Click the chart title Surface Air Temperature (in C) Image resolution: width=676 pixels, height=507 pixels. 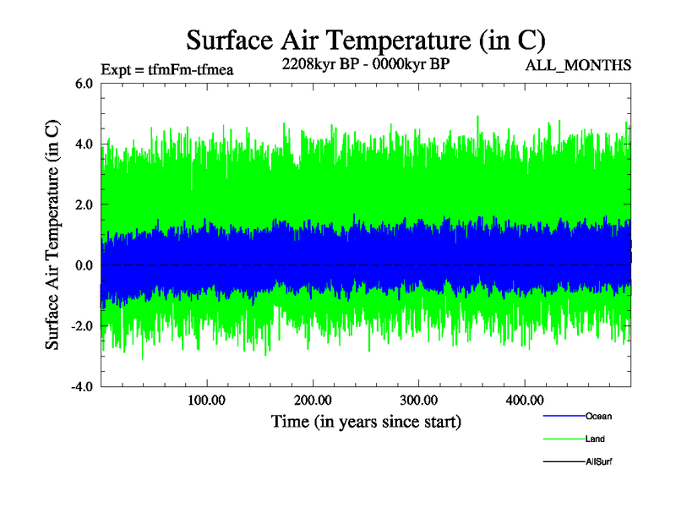point(366,40)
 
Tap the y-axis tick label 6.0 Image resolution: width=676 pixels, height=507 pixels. point(84,84)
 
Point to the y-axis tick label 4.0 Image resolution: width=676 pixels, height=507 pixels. point(84,144)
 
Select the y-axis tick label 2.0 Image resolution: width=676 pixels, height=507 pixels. point(84,205)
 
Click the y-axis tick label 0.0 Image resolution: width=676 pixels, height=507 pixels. point(84,265)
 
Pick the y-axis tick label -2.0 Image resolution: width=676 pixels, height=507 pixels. point(82,326)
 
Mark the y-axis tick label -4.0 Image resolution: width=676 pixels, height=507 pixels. point(82,387)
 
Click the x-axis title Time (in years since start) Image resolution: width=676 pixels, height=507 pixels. point(366,421)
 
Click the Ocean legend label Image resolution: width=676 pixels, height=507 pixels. point(598,417)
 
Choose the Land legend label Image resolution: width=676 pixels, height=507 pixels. point(595,439)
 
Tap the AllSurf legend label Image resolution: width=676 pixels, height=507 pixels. point(599,462)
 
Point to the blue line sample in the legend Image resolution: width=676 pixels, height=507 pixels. point(563,417)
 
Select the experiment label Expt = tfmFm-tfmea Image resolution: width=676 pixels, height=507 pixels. point(166,69)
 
